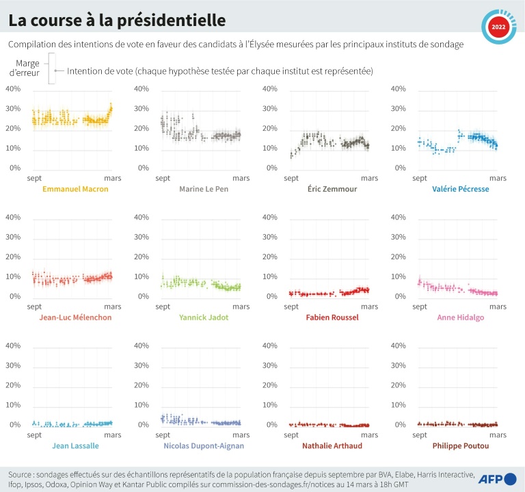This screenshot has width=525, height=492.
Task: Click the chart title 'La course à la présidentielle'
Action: click(x=117, y=21)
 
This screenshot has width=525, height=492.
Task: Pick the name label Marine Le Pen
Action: click(x=202, y=189)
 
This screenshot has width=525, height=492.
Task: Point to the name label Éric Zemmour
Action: click(x=330, y=189)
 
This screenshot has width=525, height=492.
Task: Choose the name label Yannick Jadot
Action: click(x=202, y=318)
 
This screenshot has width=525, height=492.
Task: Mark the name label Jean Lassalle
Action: click(x=75, y=446)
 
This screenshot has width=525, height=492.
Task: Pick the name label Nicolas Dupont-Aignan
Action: click(x=204, y=446)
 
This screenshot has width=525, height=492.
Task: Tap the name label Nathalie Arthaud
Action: click(x=332, y=446)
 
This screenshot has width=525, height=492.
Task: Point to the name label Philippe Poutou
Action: click(x=460, y=446)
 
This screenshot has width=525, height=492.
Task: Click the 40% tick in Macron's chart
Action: click(x=14, y=89)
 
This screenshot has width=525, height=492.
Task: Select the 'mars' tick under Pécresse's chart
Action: click(x=498, y=178)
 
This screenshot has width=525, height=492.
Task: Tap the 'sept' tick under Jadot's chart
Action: click(x=163, y=307)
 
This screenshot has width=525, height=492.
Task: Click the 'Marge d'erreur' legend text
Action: click(x=28, y=67)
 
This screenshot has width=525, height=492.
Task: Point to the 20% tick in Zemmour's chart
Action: click(x=270, y=129)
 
